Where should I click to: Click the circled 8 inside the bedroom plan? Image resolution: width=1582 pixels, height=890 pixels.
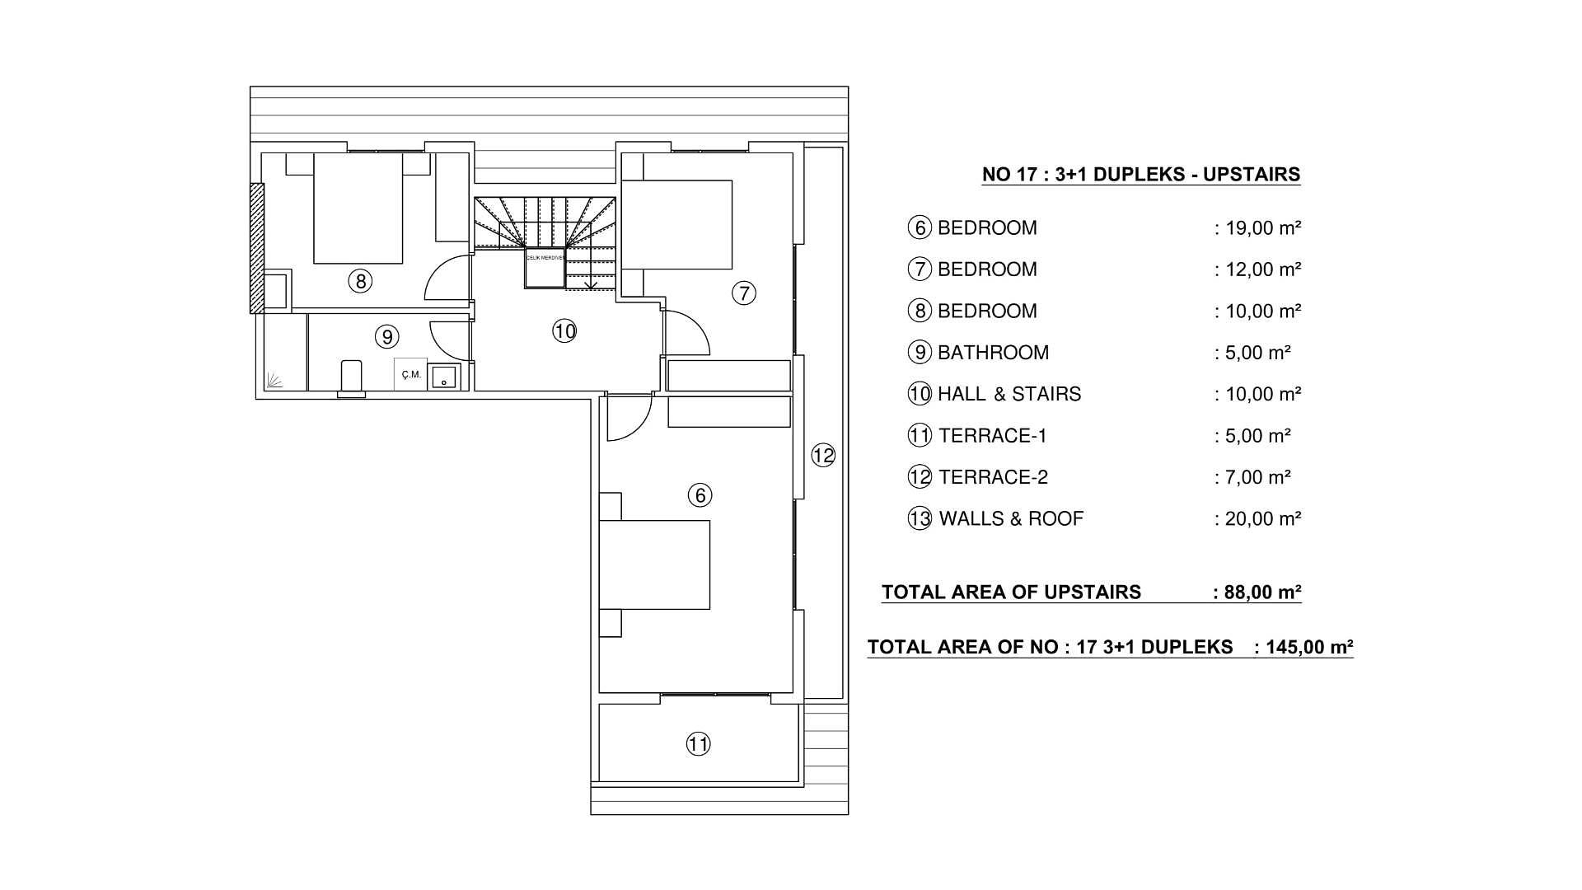point(360,282)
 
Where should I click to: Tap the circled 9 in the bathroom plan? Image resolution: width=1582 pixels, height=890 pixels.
point(386,336)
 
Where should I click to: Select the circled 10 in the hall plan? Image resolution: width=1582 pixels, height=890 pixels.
point(564,331)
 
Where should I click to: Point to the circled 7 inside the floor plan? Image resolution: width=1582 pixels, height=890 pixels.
point(743,293)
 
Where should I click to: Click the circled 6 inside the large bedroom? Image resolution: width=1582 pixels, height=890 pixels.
point(700,494)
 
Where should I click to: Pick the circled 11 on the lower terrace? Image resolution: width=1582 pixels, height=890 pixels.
point(698,744)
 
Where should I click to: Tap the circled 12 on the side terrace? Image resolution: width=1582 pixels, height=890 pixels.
point(823,455)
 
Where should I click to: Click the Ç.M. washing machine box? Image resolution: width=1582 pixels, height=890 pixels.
point(410,375)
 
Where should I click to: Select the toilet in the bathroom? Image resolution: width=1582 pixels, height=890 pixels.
point(352,377)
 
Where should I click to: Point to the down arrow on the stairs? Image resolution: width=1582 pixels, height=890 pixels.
point(591,284)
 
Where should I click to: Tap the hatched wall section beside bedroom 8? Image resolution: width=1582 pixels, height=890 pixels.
point(258,247)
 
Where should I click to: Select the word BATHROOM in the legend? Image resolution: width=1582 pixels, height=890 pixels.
point(993,353)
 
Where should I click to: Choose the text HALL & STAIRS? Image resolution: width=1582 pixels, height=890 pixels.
point(1009,394)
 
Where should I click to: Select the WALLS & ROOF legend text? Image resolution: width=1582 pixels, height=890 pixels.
point(1010,518)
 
